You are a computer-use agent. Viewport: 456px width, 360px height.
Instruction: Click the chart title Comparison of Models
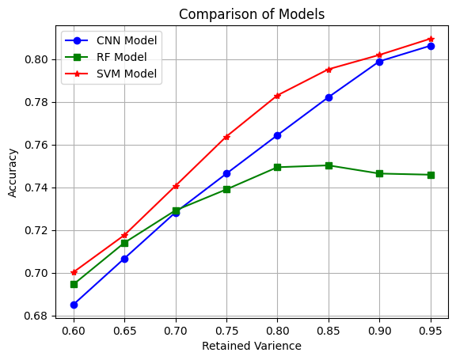coord(252,14)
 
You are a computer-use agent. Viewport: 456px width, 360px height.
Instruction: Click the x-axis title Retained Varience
coord(252,346)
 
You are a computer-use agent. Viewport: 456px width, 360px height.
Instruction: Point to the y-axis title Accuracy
coord(13,171)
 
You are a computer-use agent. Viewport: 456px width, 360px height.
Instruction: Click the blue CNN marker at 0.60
coord(74,305)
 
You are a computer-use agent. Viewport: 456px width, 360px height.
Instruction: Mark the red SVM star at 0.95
coord(431,39)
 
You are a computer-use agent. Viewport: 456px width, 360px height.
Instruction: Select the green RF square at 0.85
coord(329,165)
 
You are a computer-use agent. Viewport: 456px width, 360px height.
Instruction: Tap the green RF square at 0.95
coord(431,175)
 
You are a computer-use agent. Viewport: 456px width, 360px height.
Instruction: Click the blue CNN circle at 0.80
coord(277,135)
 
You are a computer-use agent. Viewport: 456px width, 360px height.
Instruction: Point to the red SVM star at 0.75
coord(226,137)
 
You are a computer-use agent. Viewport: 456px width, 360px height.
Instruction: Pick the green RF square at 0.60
coord(74,284)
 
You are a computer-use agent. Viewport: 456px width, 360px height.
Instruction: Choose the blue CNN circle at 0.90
coord(379,62)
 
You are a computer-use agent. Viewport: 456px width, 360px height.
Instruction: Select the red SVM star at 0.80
coord(277,96)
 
